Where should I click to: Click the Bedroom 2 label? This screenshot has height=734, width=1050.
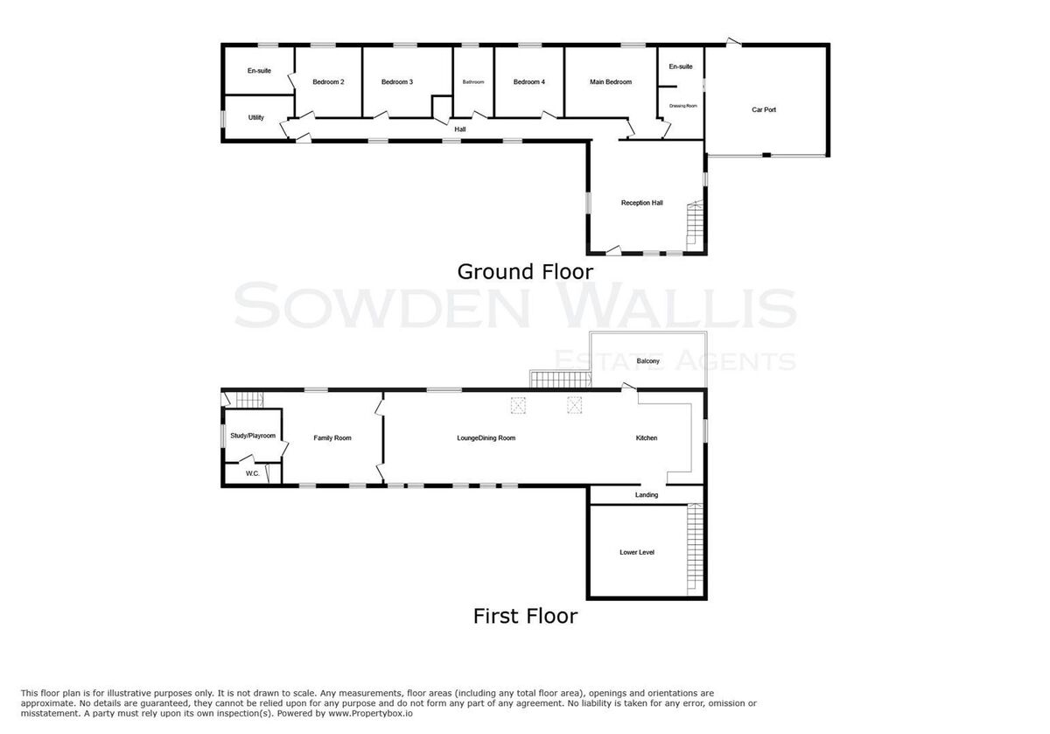pos(328,82)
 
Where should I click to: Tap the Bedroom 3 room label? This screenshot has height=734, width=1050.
pos(397,82)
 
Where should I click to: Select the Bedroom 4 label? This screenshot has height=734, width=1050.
pos(529,82)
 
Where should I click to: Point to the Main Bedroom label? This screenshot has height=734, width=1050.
pos(611,82)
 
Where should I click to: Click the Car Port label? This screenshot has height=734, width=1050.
pos(764,109)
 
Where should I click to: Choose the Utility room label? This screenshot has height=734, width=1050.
pos(255,117)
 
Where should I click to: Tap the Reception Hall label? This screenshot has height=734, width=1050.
pos(641,203)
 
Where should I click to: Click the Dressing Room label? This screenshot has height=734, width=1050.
pos(683,106)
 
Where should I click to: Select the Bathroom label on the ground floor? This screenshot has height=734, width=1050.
pos(473,82)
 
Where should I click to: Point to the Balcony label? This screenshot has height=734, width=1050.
pos(647,361)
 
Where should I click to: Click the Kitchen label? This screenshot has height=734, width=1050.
pos(647,438)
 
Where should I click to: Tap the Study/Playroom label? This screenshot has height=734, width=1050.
pos(253,436)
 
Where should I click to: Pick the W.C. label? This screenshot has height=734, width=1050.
pos(253,474)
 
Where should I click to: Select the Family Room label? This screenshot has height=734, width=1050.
pos(332,438)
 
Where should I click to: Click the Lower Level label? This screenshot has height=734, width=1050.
pos(637,553)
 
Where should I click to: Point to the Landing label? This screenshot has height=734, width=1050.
pos(647,495)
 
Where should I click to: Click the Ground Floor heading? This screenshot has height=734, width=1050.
pos(525,272)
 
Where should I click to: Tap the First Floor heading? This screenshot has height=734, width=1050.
pos(525,616)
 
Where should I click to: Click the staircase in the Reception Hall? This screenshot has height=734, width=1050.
pos(695,226)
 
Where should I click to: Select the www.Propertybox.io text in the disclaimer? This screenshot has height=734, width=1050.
pos(370,713)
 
